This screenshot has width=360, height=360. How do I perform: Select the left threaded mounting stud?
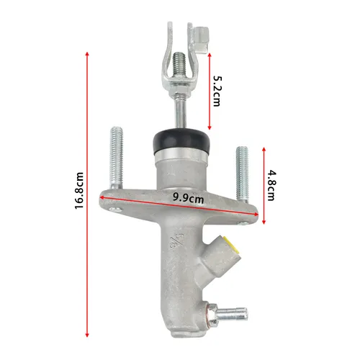point(117,157)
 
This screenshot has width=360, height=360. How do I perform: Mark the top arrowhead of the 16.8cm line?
point(88,52)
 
